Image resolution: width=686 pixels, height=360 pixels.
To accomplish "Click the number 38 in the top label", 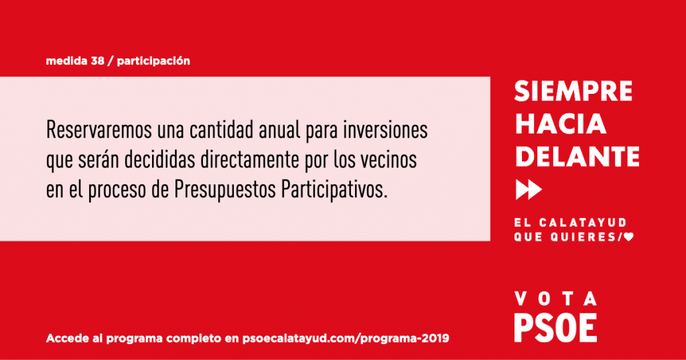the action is (98, 61).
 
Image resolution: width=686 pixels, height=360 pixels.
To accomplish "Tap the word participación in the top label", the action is (153, 61).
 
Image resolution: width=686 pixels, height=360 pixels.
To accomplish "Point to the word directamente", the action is (249, 160).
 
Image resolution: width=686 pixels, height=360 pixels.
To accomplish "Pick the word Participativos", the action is (334, 190).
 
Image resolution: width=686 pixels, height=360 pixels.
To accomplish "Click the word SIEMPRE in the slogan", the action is (573, 91).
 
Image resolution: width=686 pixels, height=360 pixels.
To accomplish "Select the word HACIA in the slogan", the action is (561, 123).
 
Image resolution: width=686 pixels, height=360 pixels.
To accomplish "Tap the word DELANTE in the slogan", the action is (577, 156).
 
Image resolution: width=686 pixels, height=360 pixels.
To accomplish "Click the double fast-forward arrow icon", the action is (529, 190).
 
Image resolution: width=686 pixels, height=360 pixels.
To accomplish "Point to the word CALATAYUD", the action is (583, 223).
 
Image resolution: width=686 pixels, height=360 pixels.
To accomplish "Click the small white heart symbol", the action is (628, 237).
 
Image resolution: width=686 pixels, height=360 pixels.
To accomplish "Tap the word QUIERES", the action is (584, 237).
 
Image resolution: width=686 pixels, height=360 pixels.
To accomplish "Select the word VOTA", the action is (555, 299).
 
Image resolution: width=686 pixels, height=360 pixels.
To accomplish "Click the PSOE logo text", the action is (555, 328).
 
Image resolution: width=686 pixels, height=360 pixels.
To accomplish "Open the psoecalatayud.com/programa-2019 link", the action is (346, 339).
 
